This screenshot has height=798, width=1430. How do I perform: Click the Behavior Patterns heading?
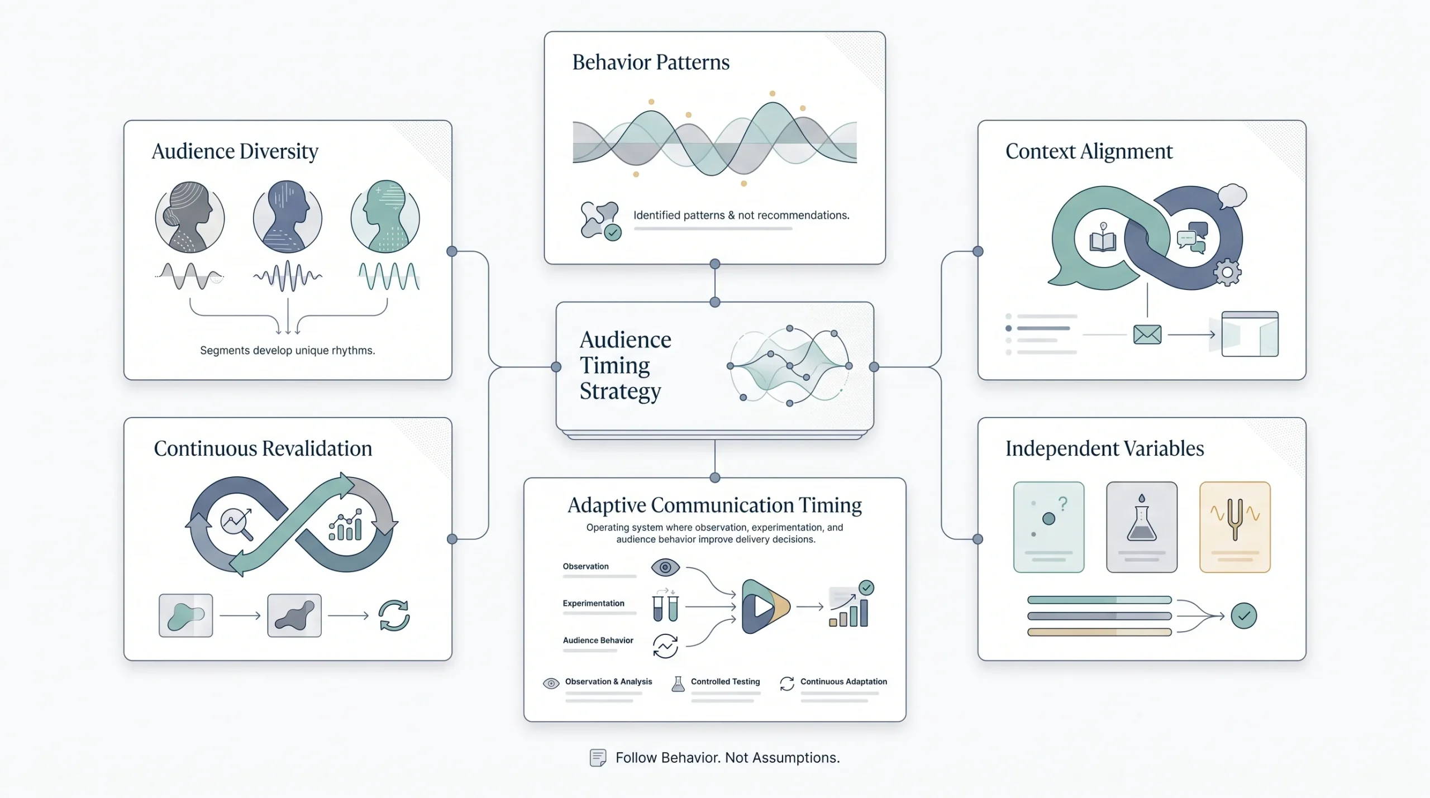coord(651,62)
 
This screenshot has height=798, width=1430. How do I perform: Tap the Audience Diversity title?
coord(235,151)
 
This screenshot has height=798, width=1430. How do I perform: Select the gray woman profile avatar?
coord(190,217)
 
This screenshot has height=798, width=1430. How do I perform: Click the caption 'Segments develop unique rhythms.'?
coord(288,350)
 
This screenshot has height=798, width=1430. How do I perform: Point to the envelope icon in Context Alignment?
coord(1147,335)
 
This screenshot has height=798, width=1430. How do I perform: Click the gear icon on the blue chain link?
coord(1227,273)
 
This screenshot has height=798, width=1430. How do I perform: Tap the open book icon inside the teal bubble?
coord(1103,238)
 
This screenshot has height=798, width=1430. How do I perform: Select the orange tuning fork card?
coord(1235,527)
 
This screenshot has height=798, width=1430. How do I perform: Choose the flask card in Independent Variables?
coord(1142,527)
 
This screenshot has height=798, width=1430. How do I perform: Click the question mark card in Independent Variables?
coord(1049,527)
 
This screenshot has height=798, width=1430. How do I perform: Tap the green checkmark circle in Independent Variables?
coord(1244,616)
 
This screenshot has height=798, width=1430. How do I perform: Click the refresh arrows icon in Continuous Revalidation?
coord(394,615)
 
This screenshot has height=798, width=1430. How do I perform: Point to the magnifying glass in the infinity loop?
coord(237,524)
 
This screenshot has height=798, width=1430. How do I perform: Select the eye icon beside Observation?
coord(665,567)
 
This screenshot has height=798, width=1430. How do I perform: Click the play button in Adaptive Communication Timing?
coord(764,606)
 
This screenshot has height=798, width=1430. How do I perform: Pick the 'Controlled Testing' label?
coord(725,681)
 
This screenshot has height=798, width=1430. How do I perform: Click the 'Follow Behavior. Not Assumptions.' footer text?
coord(727,758)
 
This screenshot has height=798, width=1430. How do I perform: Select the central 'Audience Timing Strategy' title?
coord(626,365)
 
